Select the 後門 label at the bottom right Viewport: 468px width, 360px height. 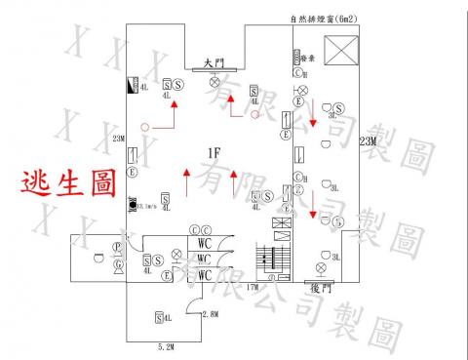[x=322, y=289]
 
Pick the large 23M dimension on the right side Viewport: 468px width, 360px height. [x=367, y=142]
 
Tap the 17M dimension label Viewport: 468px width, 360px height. [x=252, y=288]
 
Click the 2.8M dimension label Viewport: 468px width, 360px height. [x=209, y=314]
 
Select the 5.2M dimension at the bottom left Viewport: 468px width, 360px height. [x=165, y=346]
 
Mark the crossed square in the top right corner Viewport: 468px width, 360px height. [x=342, y=51]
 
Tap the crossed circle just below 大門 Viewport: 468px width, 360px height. [x=215, y=83]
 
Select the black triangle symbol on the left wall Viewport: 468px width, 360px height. [x=133, y=86]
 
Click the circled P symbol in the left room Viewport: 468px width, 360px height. [x=117, y=246]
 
